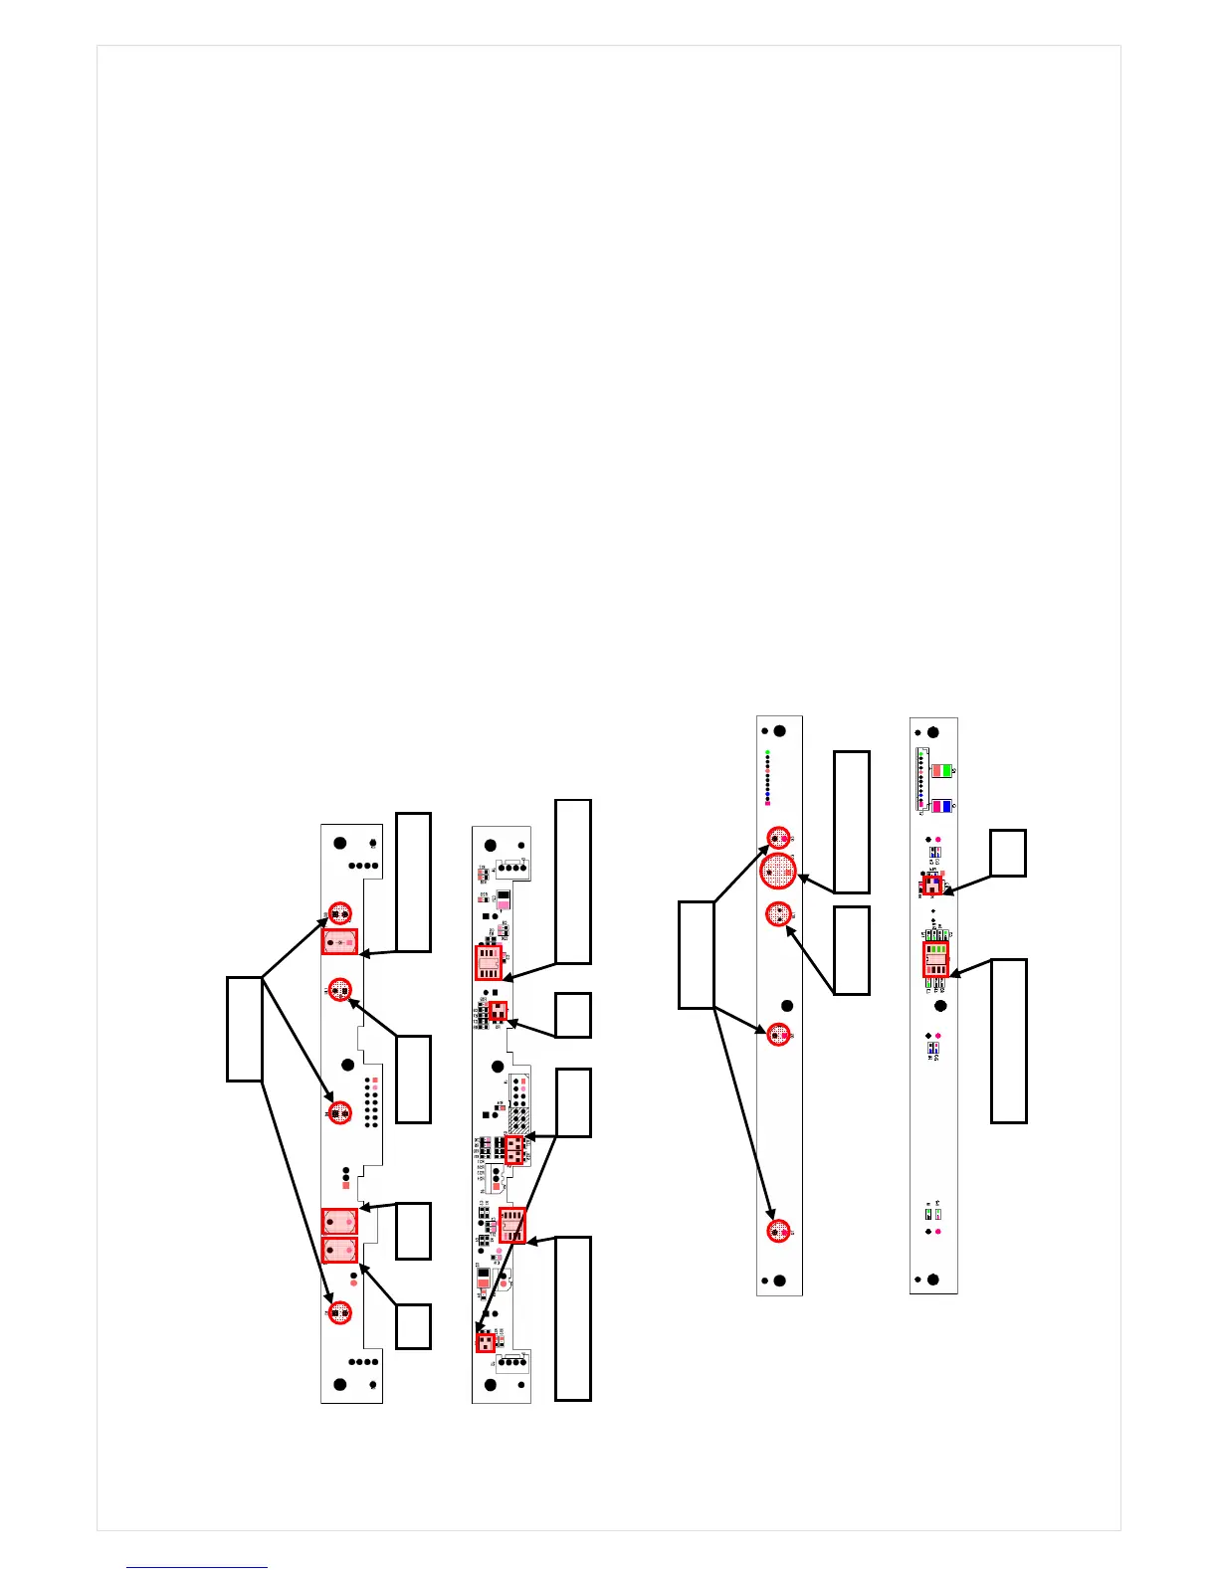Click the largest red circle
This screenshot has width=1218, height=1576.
pos(778,872)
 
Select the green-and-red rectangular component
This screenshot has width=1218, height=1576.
pos(940,770)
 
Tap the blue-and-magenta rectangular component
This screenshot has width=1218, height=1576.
pos(941,806)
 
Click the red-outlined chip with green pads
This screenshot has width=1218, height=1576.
pos(935,959)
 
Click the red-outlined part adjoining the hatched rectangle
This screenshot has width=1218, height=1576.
pos(514,1151)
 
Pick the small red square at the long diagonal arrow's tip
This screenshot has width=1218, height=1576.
pos(485,1342)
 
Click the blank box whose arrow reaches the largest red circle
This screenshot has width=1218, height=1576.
pos(851,822)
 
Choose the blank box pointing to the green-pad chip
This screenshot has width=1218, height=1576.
pos(1008,1041)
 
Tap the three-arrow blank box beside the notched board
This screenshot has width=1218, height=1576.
pos(245,1029)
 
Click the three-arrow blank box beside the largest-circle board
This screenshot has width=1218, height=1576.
pos(697,954)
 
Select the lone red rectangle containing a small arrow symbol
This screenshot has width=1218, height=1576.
pos(339,941)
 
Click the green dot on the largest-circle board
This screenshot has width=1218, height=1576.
pos(767,752)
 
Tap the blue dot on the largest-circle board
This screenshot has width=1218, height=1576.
pos(767,795)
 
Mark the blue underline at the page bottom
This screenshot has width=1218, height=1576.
pos(197,1567)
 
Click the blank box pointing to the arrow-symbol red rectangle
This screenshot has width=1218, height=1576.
pos(413,882)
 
